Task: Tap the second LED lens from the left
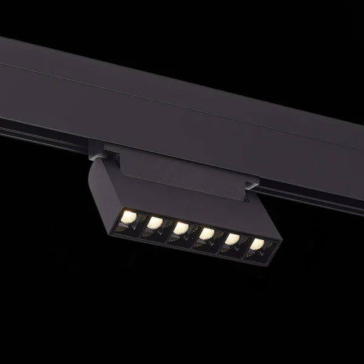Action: [154, 223]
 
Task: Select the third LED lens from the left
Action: [181, 228]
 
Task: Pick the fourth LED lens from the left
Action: [207, 234]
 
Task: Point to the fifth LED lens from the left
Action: [232, 239]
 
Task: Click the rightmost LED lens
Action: [257, 244]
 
